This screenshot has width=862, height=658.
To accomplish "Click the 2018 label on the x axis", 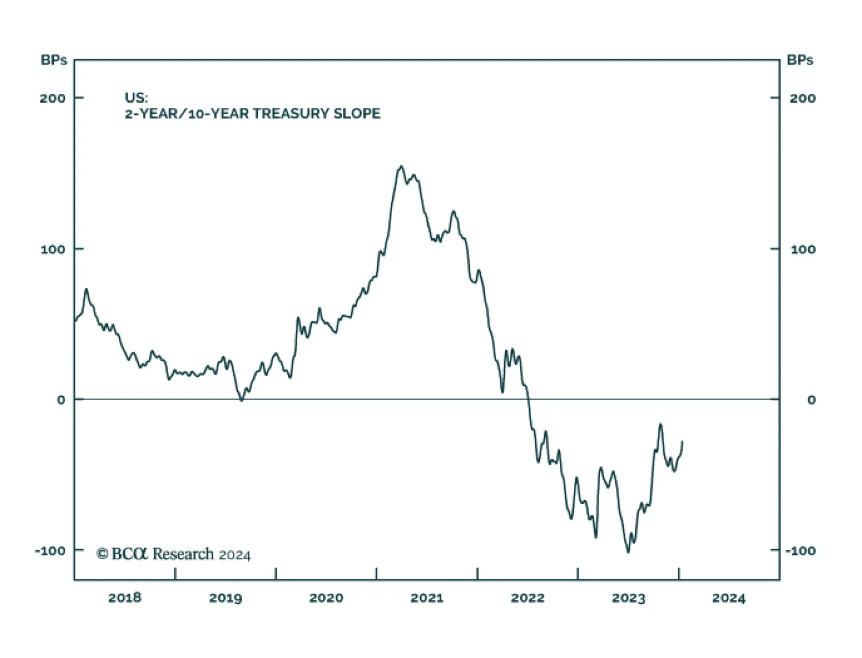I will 124,598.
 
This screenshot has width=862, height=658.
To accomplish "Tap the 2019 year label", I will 225,598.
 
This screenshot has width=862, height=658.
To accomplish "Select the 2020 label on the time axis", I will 326,598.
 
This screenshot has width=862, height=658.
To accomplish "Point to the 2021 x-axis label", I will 427,598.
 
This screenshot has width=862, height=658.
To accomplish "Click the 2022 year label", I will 527,598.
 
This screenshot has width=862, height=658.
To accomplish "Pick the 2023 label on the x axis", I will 628,598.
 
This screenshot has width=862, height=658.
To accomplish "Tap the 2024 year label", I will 728,598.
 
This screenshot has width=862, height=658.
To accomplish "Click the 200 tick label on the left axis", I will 53,98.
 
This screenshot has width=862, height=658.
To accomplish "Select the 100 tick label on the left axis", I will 53,250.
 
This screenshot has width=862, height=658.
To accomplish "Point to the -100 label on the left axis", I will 50,551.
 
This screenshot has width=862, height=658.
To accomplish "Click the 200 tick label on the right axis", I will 802,98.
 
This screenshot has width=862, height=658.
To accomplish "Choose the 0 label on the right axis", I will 811,400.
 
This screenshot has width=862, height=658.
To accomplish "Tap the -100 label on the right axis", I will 800,551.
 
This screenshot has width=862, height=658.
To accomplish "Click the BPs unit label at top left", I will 54,60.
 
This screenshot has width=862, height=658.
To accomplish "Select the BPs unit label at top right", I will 800,60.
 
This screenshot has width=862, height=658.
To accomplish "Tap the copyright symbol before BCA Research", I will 102,553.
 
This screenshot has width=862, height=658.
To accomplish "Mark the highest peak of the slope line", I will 401,167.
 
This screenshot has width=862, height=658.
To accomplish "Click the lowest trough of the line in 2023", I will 628,552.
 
